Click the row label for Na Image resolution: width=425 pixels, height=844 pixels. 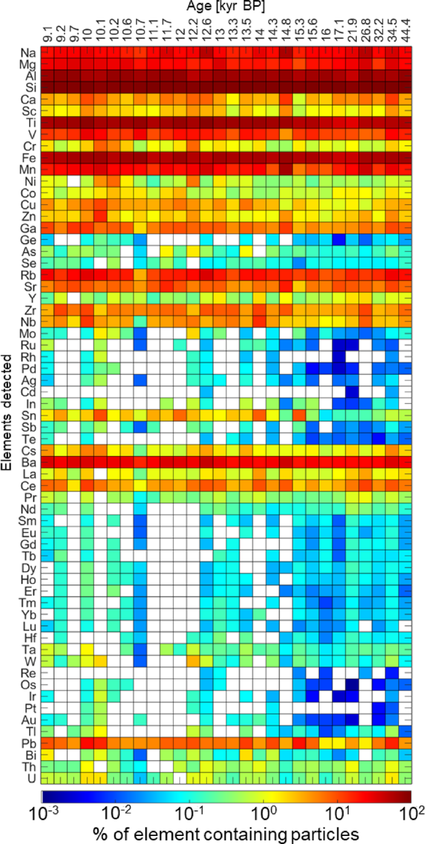point(28,53)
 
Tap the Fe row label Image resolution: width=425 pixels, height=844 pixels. point(28,158)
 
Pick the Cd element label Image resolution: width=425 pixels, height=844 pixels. point(28,392)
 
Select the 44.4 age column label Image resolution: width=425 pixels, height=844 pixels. point(406,32)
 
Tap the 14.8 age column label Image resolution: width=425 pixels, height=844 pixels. point(286,32)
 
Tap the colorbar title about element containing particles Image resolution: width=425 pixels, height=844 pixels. point(226,832)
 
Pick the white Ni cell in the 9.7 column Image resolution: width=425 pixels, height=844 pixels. point(74,182)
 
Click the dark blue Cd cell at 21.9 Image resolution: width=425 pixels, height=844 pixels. point(352,392)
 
